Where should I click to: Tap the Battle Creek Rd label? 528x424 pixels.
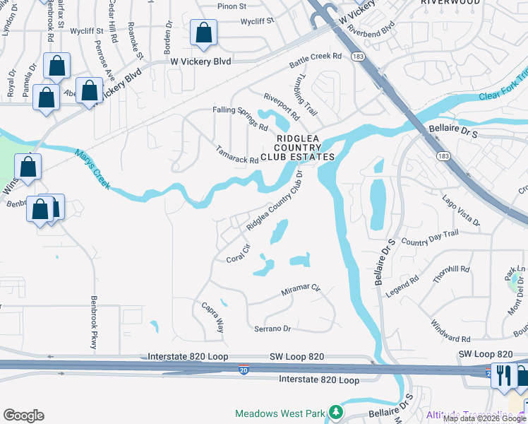315,61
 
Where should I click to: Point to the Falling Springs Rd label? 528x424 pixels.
241,117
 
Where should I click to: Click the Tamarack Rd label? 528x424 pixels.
236,154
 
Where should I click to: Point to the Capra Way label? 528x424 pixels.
213,317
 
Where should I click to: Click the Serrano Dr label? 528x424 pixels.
272,329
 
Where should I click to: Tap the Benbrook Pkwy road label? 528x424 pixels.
92,322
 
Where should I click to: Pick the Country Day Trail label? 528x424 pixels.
429,237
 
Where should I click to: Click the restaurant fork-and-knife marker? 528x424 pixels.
503,375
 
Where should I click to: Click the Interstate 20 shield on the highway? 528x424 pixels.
243,369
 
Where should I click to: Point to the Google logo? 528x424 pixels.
23,415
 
